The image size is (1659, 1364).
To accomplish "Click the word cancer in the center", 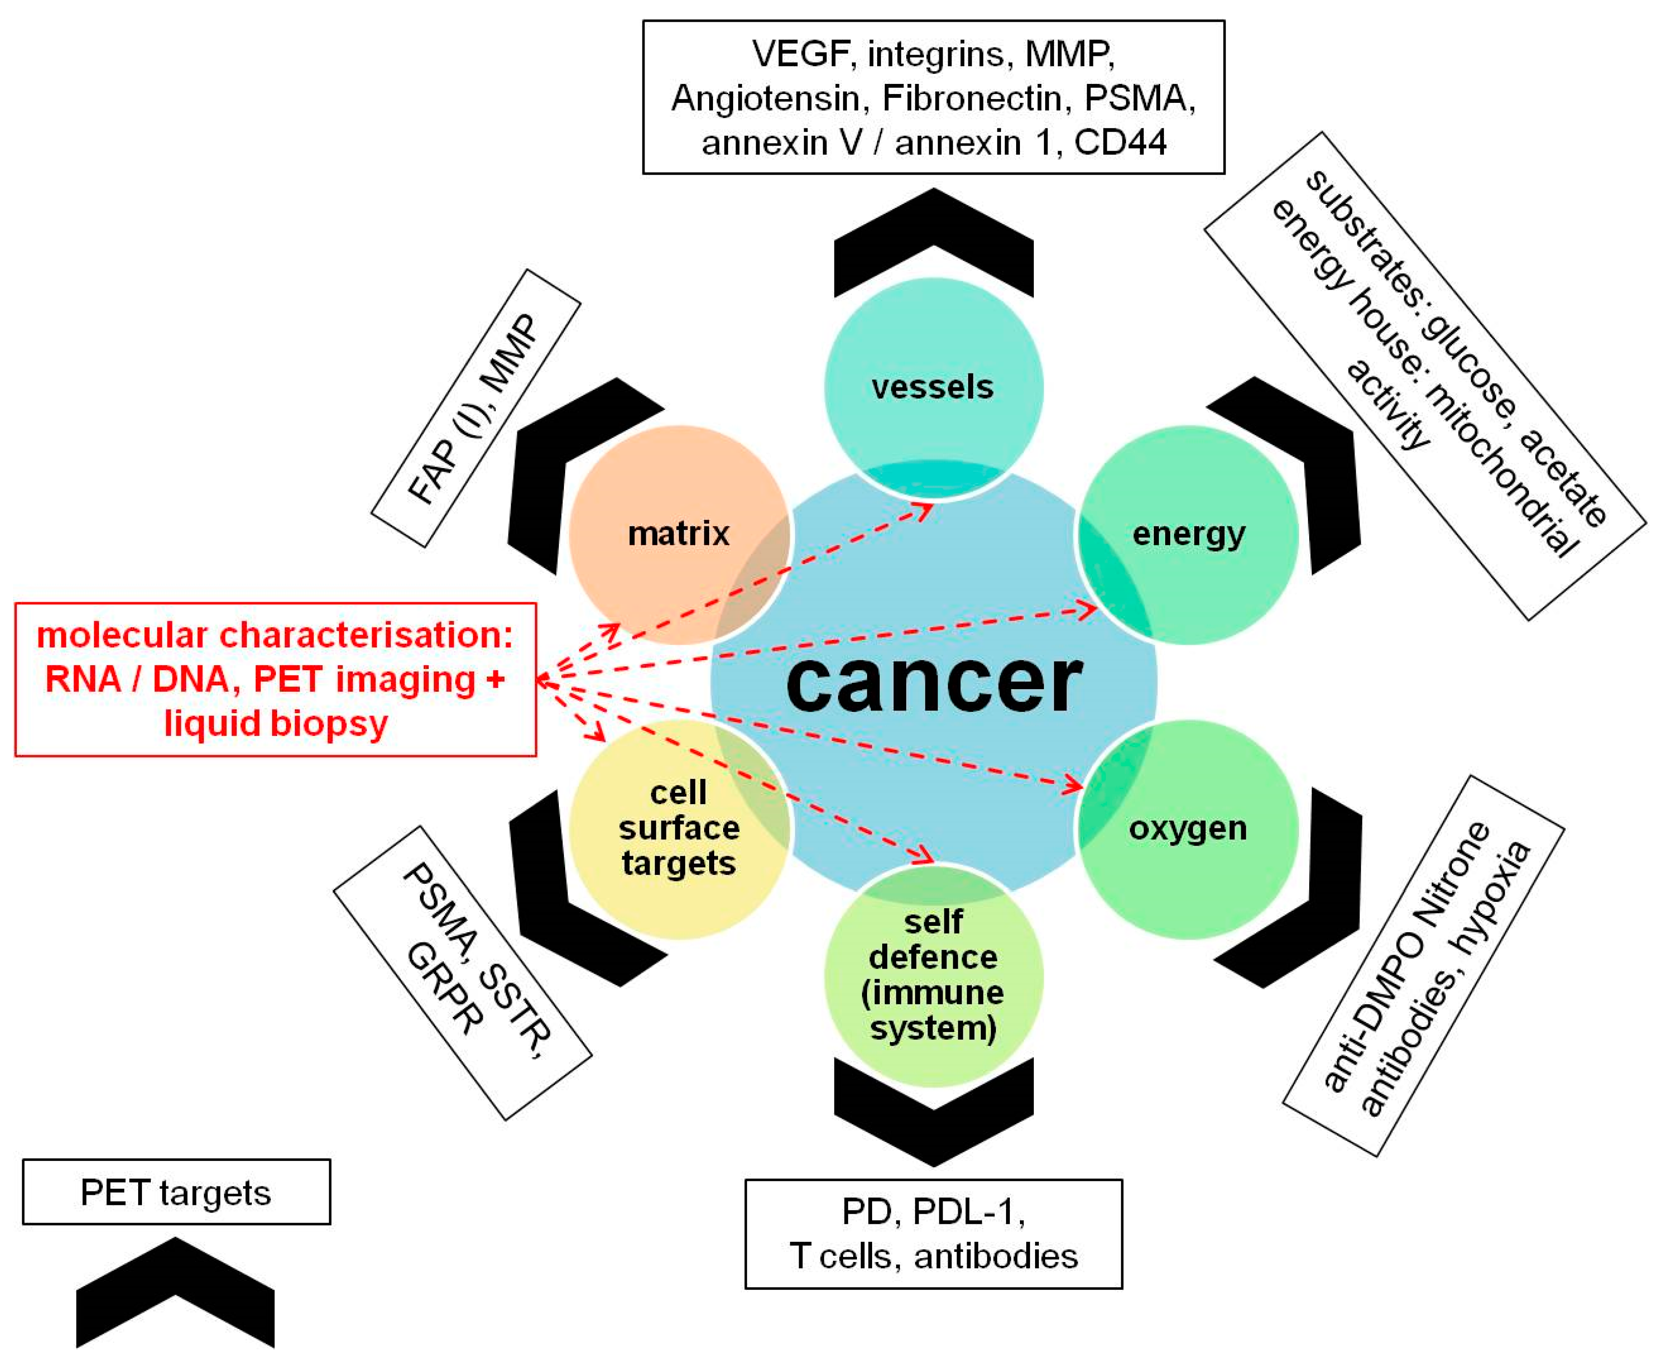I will point(933,682).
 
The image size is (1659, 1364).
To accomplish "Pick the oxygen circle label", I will point(1187,828).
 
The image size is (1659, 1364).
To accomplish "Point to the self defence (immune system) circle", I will point(933,974).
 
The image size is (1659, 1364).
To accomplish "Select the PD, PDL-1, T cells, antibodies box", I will point(933,1233).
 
